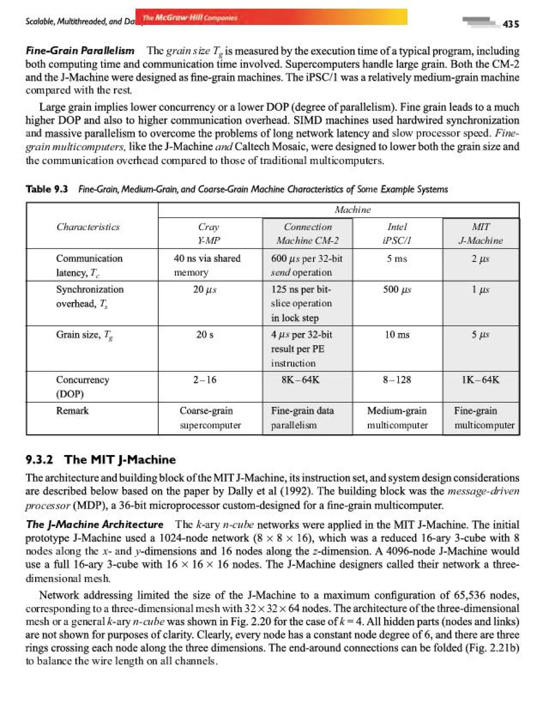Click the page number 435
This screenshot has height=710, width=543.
pyautogui.click(x=511, y=24)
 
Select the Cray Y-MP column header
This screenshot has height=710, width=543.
pyautogui.click(x=209, y=233)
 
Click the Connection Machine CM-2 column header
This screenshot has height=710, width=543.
pyautogui.click(x=308, y=233)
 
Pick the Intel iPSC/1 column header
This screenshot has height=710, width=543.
pyautogui.click(x=397, y=233)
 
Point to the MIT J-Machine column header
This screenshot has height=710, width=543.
pyautogui.click(x=481, y=233)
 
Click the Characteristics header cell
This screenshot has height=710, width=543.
pyautogui.click(x=88, y=227)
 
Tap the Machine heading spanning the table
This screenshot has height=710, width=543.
pyautogui.click(x=352, y=210)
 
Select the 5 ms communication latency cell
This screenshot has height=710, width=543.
pyautogui.click(x=397, y=258)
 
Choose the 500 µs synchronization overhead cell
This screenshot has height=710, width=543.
pyautogui.click(x=397, y=289)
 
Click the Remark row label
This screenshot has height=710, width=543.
pyautogui.click(x=72, y=410)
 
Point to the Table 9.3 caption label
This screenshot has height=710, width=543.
pyautogui.click(x=47, y=189)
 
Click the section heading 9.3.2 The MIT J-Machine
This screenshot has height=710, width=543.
pyautogui.click(x=100, y=459)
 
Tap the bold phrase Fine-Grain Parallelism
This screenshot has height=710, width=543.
pyautogui.click(x=80, y=51)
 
